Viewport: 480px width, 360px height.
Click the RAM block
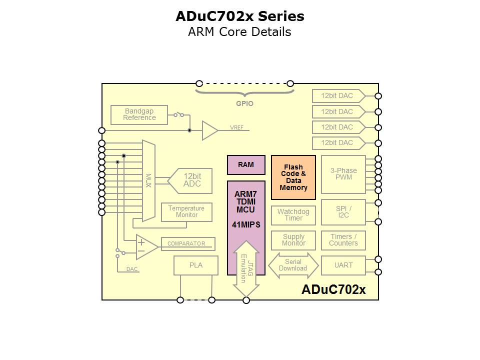point(246,164)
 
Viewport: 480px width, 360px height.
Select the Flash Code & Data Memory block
point(293,177)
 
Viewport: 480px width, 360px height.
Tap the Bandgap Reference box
point(140,114)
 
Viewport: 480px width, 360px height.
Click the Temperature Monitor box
point(186,212)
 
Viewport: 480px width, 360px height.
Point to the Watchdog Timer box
point(293,215)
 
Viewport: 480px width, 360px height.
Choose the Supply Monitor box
point(293,240)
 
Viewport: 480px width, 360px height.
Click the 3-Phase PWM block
point(343,174)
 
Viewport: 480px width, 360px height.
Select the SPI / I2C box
point(343,212)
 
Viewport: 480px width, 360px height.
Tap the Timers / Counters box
point(343,240)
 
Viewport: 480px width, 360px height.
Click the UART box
point(343,265)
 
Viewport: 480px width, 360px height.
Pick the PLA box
point(196,265)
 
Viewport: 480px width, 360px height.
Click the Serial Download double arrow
point(293,265)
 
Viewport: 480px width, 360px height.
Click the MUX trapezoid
point(148,180)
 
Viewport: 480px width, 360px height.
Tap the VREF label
point(236,127)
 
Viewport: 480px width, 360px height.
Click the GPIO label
point(244,103)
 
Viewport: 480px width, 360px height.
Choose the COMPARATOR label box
point(186,243)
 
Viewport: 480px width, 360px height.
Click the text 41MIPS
point(246,225)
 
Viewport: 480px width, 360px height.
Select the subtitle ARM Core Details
point(239,32)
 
